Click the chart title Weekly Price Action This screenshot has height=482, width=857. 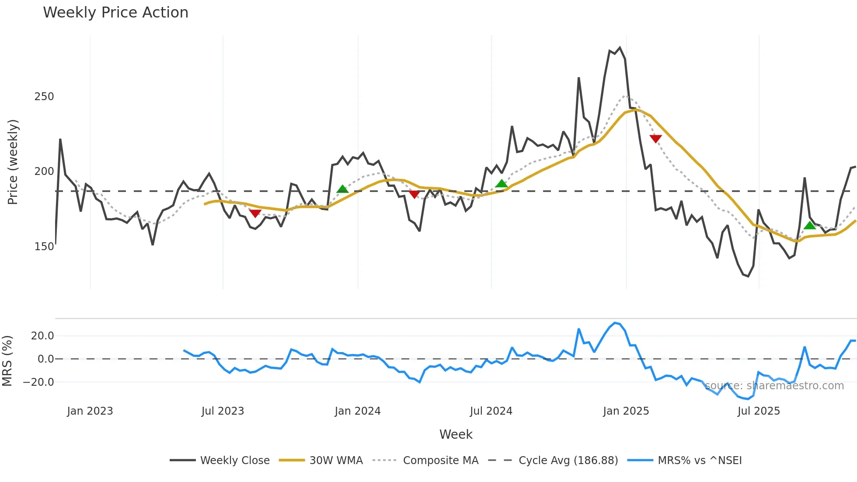(115, 13)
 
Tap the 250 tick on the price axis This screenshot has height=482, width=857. (44, 97)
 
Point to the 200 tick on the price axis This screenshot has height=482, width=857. (44, 171)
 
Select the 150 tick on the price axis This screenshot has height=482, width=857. (44, 246)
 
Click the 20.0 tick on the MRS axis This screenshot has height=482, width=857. (42, 336)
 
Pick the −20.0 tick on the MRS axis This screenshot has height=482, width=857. (38, 382)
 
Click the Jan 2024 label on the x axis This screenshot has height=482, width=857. (358, 411)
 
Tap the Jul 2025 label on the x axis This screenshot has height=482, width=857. (759, 411)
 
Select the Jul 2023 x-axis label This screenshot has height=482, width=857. (223, 411)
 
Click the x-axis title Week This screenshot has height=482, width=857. (456, 434)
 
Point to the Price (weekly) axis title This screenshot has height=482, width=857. (13, 162)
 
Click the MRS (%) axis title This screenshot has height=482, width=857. (7, 361)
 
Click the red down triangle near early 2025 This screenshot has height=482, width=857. (655, 139)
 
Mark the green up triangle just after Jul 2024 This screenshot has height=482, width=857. (502, 184)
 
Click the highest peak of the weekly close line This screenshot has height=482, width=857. (620, 48)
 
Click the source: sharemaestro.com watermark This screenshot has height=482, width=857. (774, 386)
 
